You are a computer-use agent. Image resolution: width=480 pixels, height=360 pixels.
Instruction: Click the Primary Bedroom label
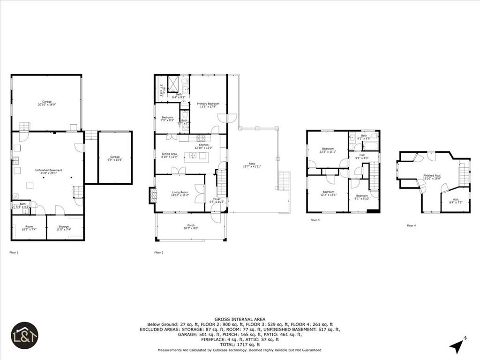coord(208,105)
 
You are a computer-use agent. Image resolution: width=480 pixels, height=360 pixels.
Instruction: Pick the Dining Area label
coord(169,155)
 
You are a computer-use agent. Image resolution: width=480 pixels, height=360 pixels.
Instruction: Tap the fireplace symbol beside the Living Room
coord(153,195)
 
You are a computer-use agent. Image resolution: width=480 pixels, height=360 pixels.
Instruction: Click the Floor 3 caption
coord(315,220)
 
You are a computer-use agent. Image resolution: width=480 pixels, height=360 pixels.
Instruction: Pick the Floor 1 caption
coord(14,252)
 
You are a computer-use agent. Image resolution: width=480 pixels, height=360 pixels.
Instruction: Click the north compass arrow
coord(456,346)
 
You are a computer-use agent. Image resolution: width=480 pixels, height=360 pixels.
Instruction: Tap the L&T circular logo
coord(24,335)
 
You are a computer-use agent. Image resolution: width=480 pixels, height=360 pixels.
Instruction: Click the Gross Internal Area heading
coord(240,319)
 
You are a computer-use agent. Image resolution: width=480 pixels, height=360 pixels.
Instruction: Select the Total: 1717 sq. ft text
coord(240,344)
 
